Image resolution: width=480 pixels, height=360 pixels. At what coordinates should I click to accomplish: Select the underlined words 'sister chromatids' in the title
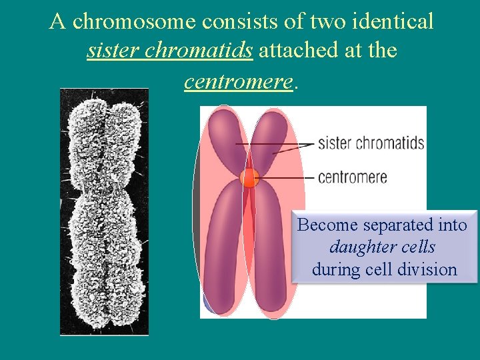click(x=169, y=51)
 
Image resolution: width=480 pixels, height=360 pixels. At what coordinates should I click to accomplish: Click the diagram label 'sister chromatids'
click(x=371, y=143)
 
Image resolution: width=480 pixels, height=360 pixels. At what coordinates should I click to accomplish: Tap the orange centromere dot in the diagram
click(x=249, y=178)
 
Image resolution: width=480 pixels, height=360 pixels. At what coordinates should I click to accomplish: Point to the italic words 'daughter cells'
click(x=383, y=247)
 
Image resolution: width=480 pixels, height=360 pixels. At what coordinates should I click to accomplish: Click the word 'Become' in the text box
click(x=320, y=225)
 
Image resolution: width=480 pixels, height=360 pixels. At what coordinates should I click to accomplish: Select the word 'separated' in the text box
click(x=379, y=225)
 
